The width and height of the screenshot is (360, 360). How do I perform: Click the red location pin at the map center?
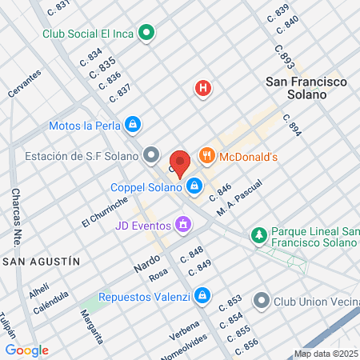click(x=180, y=162)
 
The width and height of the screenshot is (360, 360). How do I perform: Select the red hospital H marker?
click(x=204, y=89)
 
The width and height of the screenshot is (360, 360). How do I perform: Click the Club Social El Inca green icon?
click(x=146, y=34)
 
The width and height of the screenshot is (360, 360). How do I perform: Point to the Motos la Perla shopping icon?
click(x=133, y=125)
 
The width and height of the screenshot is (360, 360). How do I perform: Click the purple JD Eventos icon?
click(x=184, y=224)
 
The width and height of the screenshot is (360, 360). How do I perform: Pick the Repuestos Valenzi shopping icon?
click(x=202, y=297)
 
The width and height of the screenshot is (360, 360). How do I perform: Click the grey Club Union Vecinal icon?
click(x=262, y=302)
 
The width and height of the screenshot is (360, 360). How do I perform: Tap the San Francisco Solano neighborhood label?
click(x=306, y=88)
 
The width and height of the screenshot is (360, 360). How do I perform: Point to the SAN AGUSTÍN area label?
click(x=42, y=262)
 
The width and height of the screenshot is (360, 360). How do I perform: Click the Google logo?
click(x=27, y=350)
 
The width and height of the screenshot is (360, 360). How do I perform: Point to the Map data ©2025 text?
click(x=326, y=354)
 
